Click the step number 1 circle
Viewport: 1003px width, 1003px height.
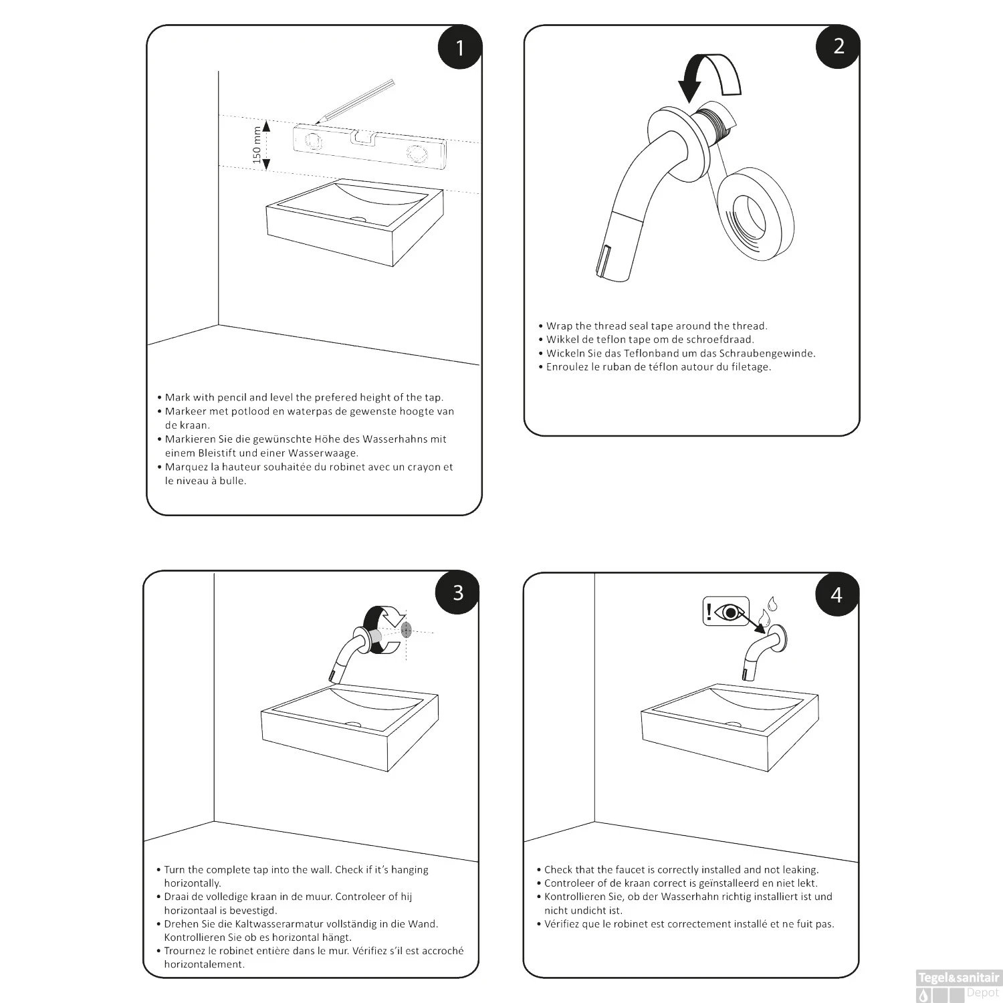pos(459,47)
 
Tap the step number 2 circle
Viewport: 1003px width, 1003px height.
pos(839,46)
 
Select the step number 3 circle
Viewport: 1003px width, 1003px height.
pos(457,592)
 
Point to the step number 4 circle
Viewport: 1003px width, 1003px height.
pos(837,594)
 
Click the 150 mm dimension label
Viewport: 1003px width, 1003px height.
pos(257,145)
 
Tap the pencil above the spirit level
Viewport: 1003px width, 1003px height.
pos(356,100)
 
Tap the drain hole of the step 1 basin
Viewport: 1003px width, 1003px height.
pos(359,218)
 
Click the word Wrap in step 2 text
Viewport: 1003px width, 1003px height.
pos(559,326)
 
